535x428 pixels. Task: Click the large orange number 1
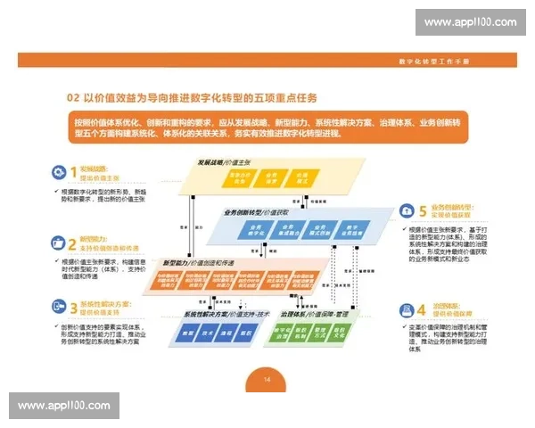pos(72,171)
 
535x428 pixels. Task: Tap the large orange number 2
pos(72,243)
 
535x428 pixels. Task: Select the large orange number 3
pos(73,308)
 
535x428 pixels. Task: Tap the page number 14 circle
pos(267,381)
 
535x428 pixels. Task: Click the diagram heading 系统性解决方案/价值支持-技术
pos(226,315)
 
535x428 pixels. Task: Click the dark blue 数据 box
pos(189,333)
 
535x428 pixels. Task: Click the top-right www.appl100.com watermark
pos(470,21)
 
